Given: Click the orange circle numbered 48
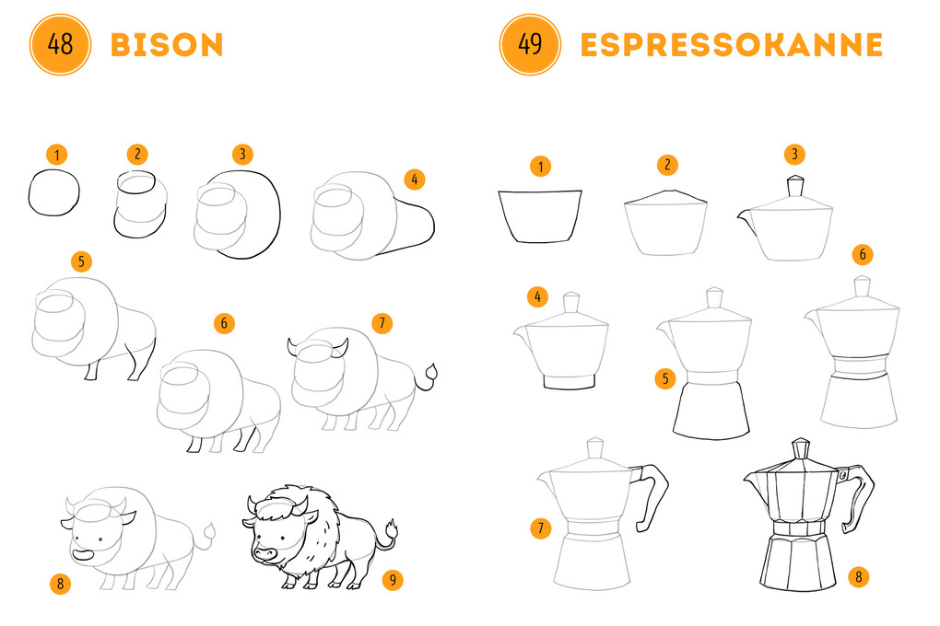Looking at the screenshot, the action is coord(60,44).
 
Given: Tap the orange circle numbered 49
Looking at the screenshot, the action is coord(530,44).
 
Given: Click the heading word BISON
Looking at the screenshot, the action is coord(167,45).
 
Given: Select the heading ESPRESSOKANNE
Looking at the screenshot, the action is coord(732,45).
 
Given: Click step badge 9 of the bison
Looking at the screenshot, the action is coord(393,580).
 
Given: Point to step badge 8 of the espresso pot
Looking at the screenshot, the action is coord(859,577).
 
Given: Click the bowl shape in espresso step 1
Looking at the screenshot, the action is coord(539,216).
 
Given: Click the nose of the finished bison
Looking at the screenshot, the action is coord(264,553).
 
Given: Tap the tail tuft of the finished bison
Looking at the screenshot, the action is coord(392,529).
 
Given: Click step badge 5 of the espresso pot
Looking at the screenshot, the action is coord(665,378).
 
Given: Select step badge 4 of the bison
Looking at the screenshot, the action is coord(415,180).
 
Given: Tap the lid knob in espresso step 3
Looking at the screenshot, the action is coord(795,185).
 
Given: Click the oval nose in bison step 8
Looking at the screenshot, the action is coord(83,555).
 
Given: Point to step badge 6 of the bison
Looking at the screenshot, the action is coord(224,323).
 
